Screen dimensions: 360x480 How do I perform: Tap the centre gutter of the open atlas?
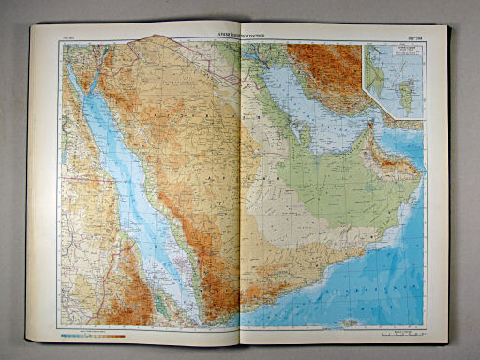pyautogui.click(x=241, y=187)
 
